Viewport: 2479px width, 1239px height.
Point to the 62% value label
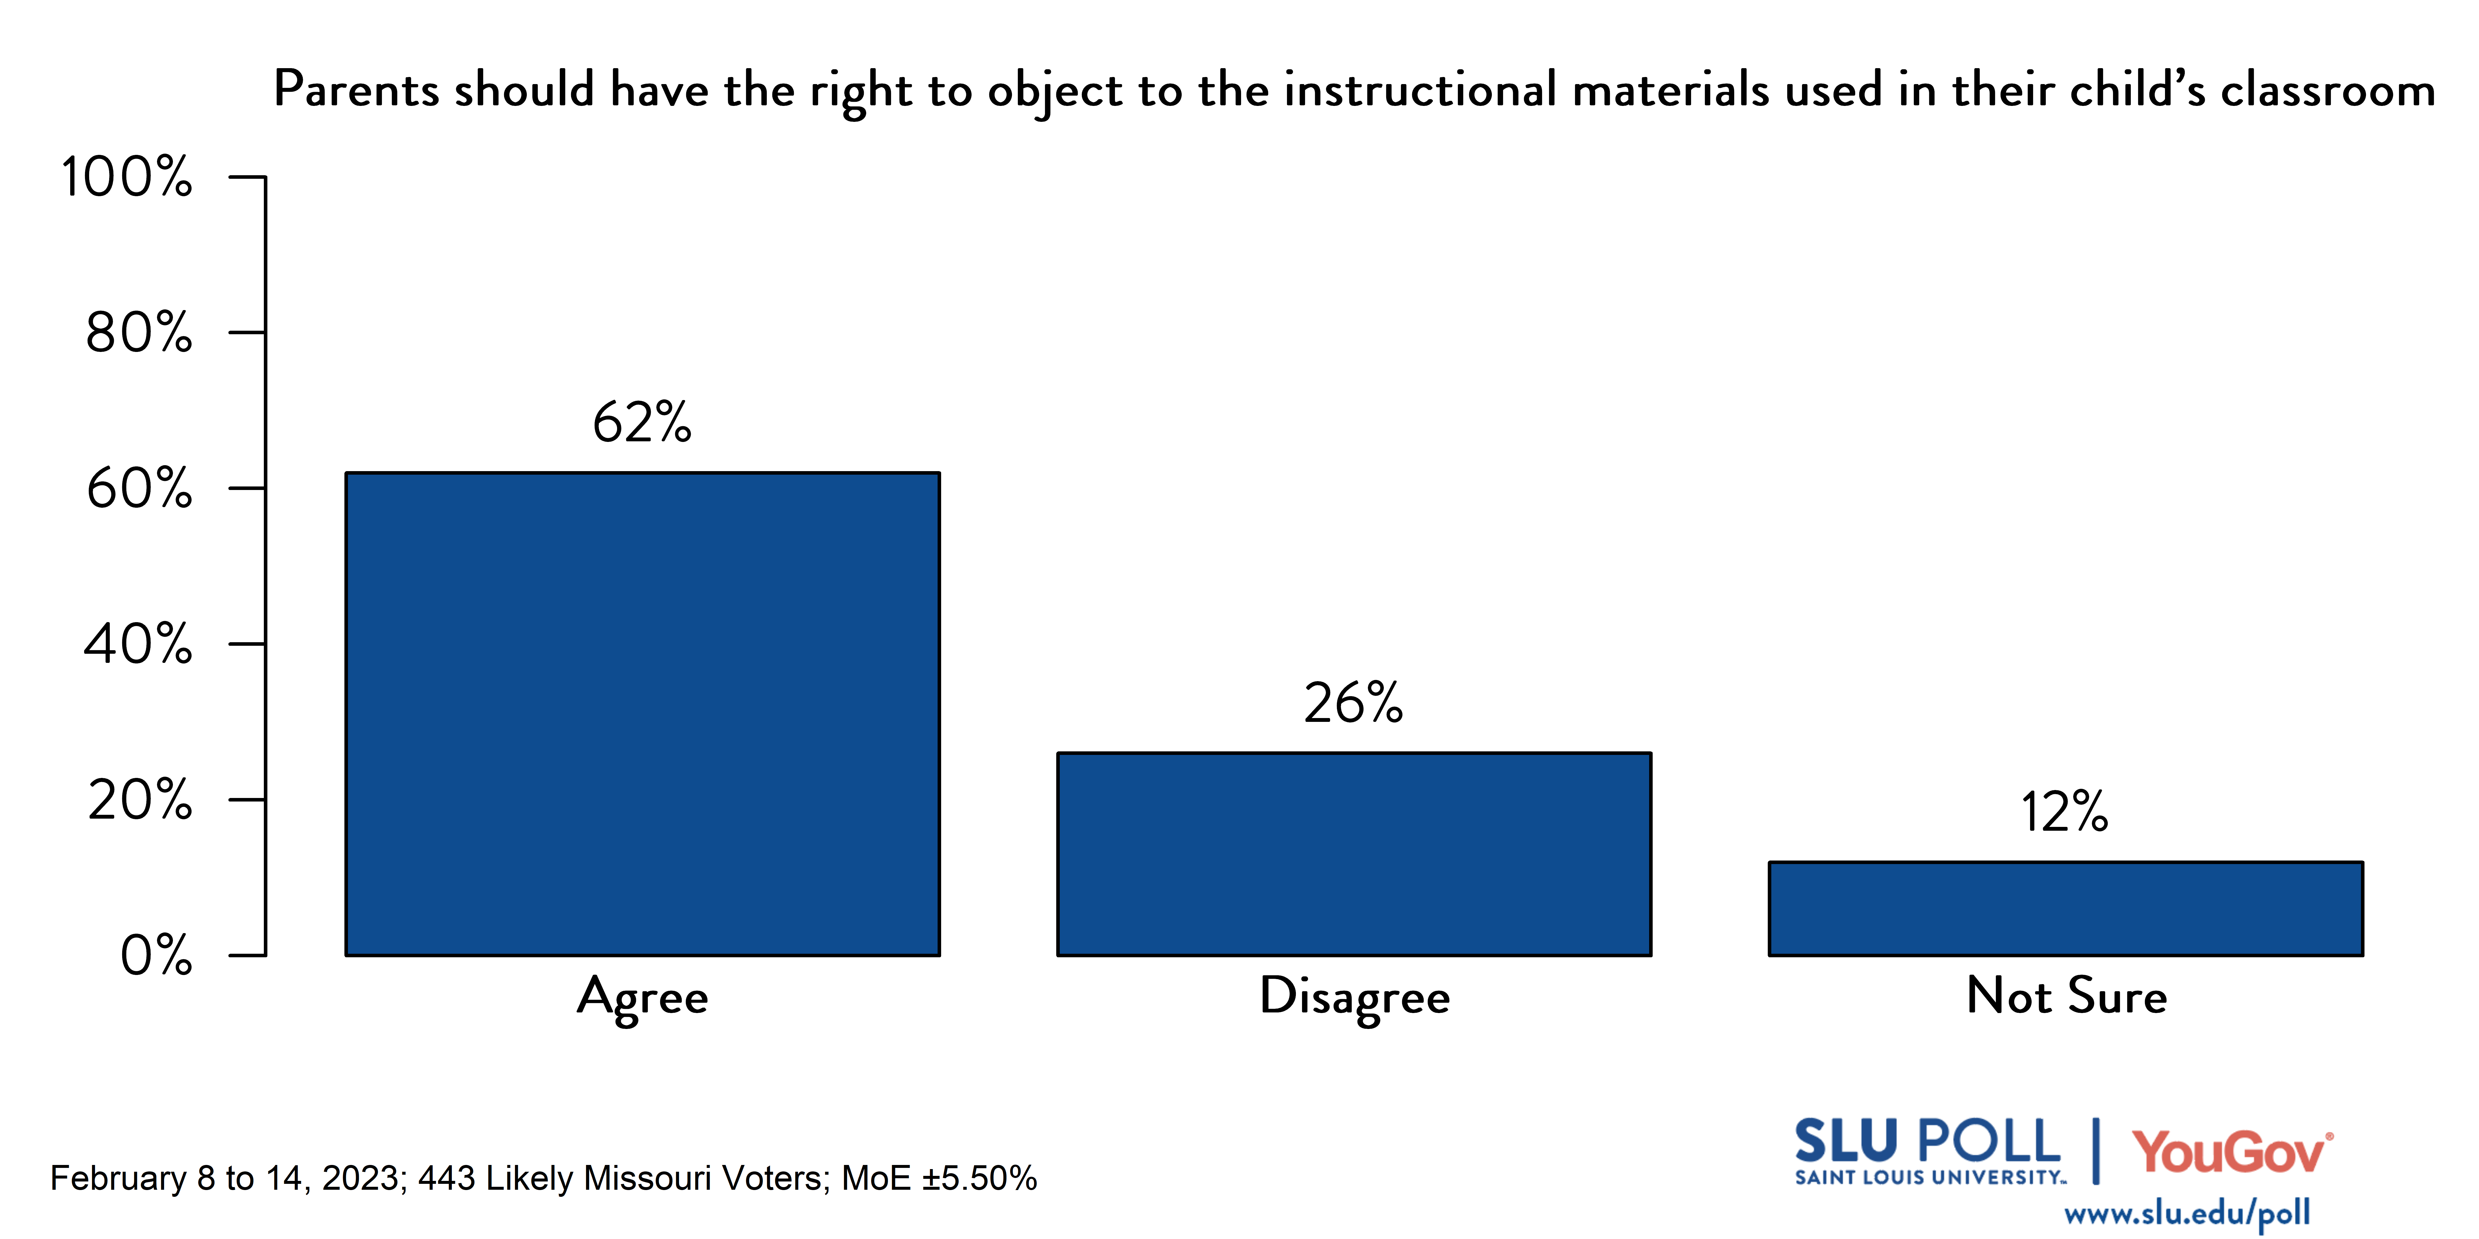[642, 422]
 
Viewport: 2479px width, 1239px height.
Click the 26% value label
[1353, 703]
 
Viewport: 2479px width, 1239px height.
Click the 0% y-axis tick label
[156, 955]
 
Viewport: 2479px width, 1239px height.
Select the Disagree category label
[1354, 997]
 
